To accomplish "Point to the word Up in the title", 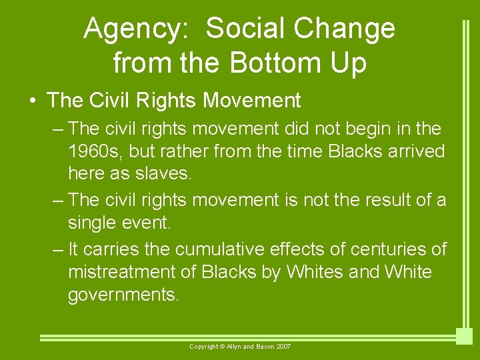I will (348, 63).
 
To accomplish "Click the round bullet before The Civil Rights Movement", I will (33, 101).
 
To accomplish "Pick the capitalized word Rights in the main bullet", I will (167, 101).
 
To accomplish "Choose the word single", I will (91, 223).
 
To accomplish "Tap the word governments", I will (123, 295).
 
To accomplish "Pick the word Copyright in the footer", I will (205, 347).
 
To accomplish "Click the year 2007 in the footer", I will (283, 347).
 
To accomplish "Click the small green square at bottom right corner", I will (464, 336).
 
